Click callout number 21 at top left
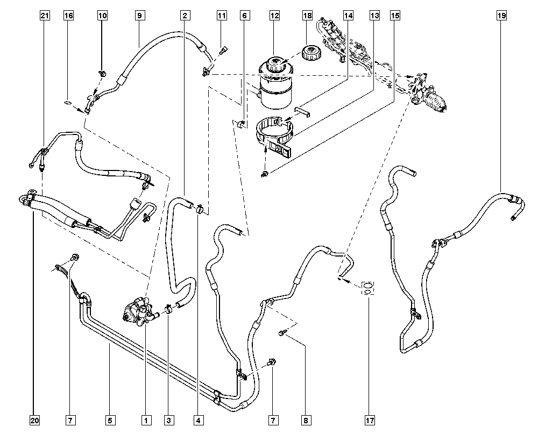tap(45, 16)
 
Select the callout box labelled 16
tap(68, 16)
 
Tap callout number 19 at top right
tap(501, 16)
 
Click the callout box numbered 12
tap(275, 16)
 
